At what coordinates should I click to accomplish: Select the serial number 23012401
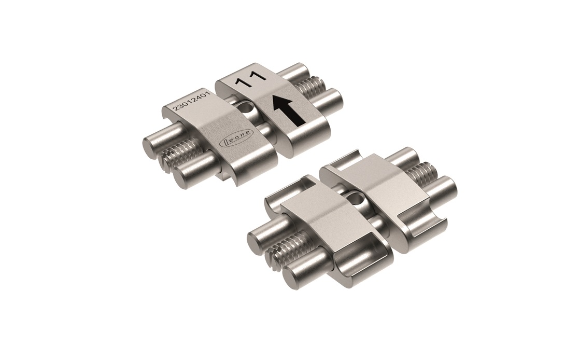(189, 101)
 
